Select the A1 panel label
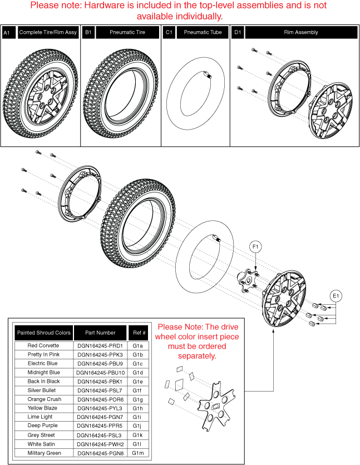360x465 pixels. pos(7,33)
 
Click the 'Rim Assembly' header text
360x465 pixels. pos(301,33)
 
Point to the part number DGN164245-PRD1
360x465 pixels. pos(100,345)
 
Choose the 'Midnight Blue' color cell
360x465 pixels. pos(44,372)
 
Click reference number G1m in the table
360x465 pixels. pos(138,453)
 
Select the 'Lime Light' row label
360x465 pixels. pos(44,417)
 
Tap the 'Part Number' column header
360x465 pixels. pos(100,333)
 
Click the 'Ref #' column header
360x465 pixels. pos(138,333)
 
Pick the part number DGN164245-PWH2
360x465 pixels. pos(100,443)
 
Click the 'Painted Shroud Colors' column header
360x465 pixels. pos(44,333)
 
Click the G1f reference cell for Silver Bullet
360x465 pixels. pos(138,390)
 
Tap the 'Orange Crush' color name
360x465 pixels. pos(44,399)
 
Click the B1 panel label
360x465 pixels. pos(88,33)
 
